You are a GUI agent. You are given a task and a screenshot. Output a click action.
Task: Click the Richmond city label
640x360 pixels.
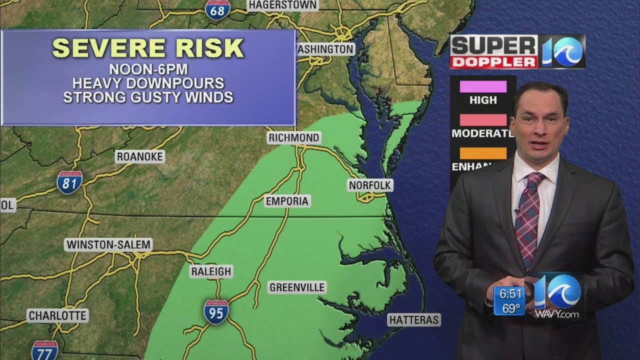click(293, 137)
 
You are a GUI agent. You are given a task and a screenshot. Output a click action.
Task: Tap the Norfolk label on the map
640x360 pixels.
click(370, 185)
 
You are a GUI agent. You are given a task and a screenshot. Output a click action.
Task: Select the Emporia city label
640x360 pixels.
click(287, 201)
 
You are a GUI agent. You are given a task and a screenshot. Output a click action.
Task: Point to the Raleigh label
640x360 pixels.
click(211, 271)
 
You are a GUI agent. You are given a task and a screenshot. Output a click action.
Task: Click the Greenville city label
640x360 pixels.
click(297, 287)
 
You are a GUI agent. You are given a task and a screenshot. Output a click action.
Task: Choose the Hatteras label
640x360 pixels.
click(414, 320)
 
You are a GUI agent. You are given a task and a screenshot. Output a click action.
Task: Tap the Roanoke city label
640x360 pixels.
click(140, 157)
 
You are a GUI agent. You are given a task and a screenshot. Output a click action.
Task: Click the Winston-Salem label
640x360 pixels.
click(108, 245)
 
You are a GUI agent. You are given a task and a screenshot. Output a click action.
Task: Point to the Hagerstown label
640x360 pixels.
click(282, 5)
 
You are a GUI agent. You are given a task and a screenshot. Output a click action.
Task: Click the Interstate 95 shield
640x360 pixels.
click(216, 312)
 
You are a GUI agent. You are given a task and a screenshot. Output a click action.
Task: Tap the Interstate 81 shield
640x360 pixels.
click(69, 182)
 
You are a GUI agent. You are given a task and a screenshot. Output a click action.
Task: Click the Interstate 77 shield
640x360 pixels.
click(44, 351)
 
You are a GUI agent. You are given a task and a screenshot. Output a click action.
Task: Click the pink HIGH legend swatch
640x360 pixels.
click(483, 86)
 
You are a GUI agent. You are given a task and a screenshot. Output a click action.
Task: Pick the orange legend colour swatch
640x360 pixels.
click(483, 153)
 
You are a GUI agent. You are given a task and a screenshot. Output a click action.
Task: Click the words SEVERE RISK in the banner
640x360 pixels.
click(148, 48)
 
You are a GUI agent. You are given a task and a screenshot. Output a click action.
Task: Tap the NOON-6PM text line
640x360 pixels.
click(148, 69)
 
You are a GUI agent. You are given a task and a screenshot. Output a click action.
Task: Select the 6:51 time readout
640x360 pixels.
click(509, 294)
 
